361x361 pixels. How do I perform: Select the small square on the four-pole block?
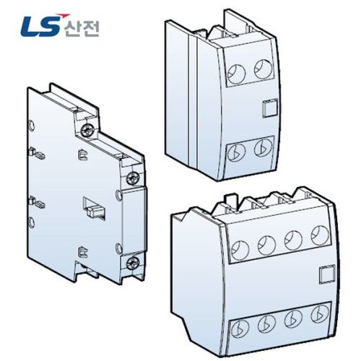(x=325, y=275)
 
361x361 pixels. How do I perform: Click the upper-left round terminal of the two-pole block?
(x=236, y=72)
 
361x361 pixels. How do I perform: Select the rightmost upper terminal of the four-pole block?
(x=318, y=237)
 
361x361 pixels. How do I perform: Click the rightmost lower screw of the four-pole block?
(x=318, y=316)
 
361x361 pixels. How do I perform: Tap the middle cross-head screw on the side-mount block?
(x=131, y=178)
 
